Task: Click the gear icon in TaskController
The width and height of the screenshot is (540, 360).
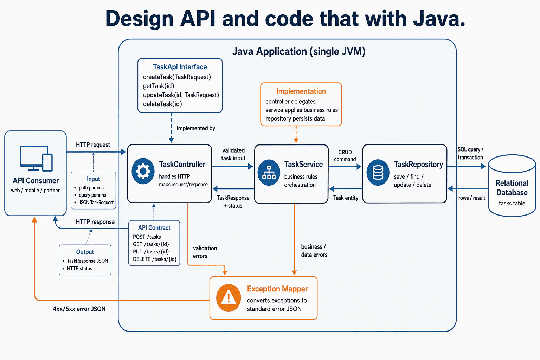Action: tap(143, 171)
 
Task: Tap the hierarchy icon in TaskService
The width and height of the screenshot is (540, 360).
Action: tap(269, 172)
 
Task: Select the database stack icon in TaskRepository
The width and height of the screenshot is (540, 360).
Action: tap(378, 172)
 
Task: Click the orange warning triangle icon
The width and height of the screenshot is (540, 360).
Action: tap(229, 298)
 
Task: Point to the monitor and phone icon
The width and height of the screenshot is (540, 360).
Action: tap(36, 159)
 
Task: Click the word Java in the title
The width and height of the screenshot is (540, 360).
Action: tap(439, 19)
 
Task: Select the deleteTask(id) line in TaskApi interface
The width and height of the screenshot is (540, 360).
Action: tap(162, 104)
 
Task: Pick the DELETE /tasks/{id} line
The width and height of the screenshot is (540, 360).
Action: tap(155, 259)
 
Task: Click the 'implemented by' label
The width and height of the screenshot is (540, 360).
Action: tap(196, 128)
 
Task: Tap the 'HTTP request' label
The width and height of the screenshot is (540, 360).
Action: tap(93, 145)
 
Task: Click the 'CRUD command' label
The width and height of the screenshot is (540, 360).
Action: tap(345, 156)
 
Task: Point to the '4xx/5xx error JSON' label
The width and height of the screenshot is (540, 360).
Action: tap(79, 309)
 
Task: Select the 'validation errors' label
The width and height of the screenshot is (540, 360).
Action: tap(205, 252)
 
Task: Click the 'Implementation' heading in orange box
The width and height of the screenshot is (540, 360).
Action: tap(301, 91)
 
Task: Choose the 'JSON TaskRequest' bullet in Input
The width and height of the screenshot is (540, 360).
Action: tap(96, 202)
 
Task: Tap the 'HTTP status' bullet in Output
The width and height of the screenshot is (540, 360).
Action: tap(79, 268)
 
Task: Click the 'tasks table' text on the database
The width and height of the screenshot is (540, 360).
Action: tap(512, 203)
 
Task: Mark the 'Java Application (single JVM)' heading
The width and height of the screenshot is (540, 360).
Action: tap(299, 52)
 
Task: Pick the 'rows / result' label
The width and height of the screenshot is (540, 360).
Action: tap(471, 198)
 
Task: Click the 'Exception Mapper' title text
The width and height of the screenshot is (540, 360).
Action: tap(277, 289)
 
